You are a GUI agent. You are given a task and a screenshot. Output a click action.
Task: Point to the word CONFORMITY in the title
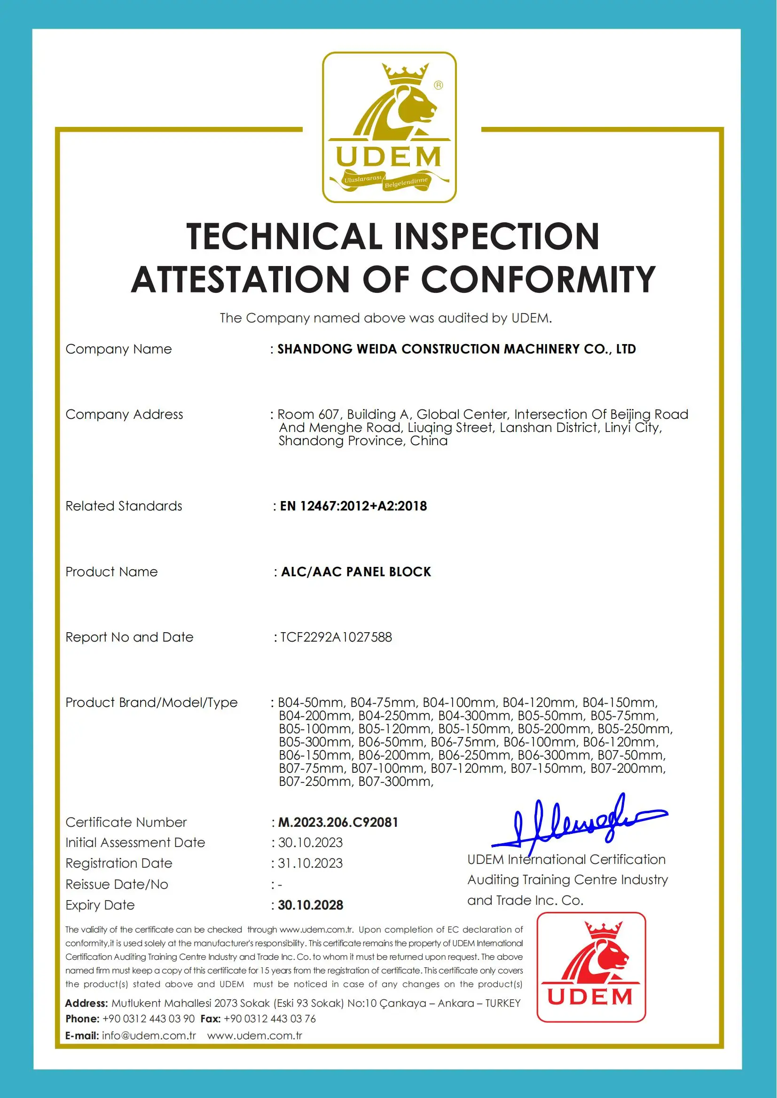[x=538, y=279]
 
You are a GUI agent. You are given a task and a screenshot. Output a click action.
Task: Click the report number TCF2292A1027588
[x=336, y=637]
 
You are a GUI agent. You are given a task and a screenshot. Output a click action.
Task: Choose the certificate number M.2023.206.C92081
[x=338, y=823]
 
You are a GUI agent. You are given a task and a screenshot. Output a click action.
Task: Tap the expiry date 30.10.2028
[x=311, y=905]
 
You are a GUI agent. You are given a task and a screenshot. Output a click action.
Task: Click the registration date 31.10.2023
[x=311, y=863]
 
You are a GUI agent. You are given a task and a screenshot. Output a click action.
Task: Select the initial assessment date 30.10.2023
[x=311, y=842]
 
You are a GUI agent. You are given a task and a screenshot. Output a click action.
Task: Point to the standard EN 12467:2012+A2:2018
[x=353, y=506]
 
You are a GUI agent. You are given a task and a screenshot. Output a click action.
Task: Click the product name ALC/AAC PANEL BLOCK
[x=356, y=572]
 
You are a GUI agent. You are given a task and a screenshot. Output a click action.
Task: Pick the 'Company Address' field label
[x=124, y=414]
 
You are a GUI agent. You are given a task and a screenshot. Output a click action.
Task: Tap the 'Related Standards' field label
[x=124, y=506]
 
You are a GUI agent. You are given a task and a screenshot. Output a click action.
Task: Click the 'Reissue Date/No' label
[x=117, y=885]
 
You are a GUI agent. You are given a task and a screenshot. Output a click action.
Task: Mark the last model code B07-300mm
[x=395, y=782]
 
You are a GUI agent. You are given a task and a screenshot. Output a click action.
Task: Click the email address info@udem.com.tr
[x=149, y=1036]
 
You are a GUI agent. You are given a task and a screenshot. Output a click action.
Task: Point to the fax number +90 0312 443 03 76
[x=269, y=1019]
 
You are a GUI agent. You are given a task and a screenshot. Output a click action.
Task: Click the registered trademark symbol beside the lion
[x=438, y=85]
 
